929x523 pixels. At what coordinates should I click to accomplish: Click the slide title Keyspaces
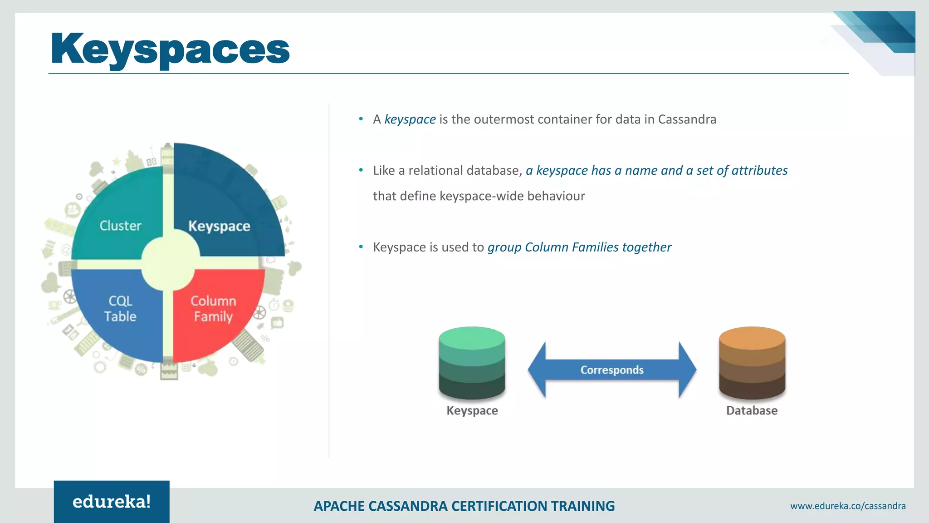point(170,49)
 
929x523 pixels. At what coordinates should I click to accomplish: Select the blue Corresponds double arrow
point(612,370)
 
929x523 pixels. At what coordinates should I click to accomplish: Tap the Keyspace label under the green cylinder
point(472,410)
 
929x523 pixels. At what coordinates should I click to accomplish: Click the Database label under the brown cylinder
point(752,410)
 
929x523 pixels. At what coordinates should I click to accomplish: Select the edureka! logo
point(112,502)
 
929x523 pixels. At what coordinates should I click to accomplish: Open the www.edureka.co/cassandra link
point(848,506)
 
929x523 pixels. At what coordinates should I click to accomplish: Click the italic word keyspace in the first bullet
point(410,119)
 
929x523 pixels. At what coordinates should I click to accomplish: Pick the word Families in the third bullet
point(595,247)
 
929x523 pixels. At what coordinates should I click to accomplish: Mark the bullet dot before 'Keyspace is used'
point(361,247)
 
